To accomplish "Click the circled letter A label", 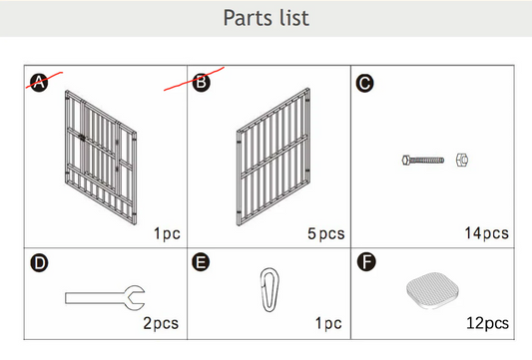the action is coord(39,83).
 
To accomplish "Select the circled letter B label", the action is coord(202,83).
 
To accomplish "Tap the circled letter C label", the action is coord(364,84).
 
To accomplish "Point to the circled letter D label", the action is coord(39,263).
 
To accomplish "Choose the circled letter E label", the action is coord(201,262).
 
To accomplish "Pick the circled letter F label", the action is coord(366,262).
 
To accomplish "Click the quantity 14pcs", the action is coord(486,233).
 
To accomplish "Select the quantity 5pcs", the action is coord(326,234).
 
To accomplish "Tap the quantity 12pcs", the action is coord(487,323).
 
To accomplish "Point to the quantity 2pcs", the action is coord(161,323).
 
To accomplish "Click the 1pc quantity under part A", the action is coord(167,233).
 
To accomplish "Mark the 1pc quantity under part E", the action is coord(328,323).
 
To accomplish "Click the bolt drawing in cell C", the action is coord(423,160).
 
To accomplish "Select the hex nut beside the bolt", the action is coord(462,160).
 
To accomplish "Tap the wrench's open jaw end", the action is coord(135,297).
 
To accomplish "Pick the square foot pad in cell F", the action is coord(432,290).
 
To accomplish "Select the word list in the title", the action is coord(294,18).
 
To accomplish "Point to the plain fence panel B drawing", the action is coord(273,157).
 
